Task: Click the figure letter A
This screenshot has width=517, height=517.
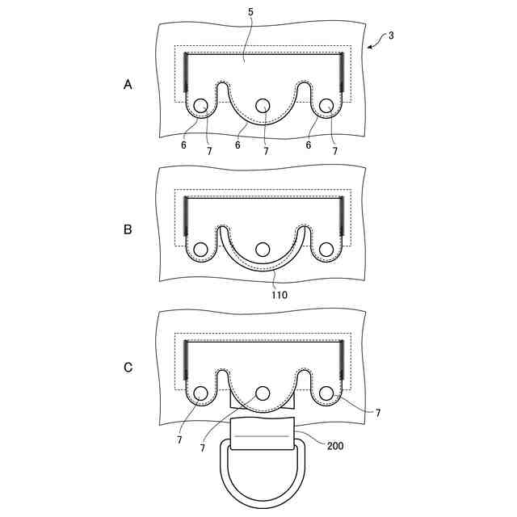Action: click(x=128, y=84)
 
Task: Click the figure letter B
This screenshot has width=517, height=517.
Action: click(x=128, y=229)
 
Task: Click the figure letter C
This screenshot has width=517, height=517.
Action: click(x=128, y=368)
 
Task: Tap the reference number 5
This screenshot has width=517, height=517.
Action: click(x=251, y=12)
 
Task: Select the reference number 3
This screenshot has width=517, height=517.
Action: click(x=391, y=36)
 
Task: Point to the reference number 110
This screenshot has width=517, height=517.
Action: click(x=280, y=295)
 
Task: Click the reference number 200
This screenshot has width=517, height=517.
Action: click(x=335, y=446)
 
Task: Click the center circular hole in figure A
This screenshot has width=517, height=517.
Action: click(x=263, y=106)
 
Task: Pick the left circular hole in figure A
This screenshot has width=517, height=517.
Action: click(x=200, y=106)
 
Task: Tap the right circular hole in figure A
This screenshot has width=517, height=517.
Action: click(x=326, y=106)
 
